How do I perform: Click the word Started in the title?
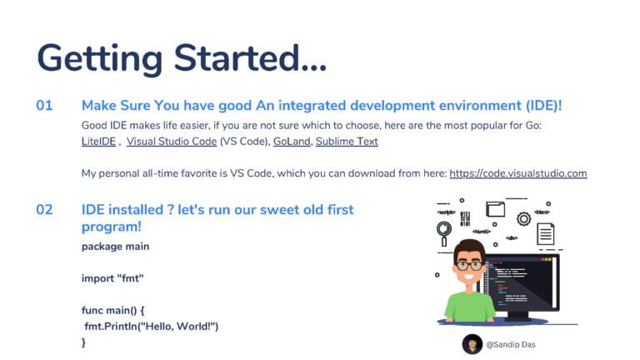pos(250,58)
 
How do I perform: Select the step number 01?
pos(44,106)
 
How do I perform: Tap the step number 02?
pos(44,210)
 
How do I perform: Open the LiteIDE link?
pos(99,142)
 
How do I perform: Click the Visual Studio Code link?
pos(172,142)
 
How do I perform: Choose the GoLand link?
pos(292,142)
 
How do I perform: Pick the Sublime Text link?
pos(347,142)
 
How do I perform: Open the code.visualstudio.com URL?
pos(518,173)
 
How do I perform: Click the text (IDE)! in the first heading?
pos(543,106)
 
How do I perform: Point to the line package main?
pos(115,247)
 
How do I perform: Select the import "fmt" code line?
pos(112,278)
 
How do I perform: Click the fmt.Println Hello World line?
pos(152,327)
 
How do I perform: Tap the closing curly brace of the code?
pos(83,342)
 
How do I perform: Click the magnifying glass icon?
pos(444,233)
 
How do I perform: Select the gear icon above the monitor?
pos(524,219)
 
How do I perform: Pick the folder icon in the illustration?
pos(496,209)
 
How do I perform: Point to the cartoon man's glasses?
pos(470,266)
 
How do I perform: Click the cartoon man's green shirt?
pos(468,307)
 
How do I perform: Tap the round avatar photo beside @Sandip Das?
pos(472,344)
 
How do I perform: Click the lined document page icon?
pos(545,234)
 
